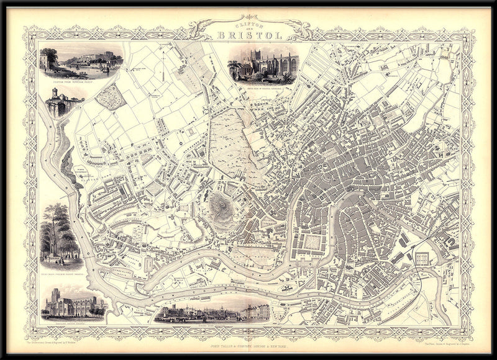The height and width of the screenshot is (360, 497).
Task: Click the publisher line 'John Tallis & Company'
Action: (248, 338)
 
